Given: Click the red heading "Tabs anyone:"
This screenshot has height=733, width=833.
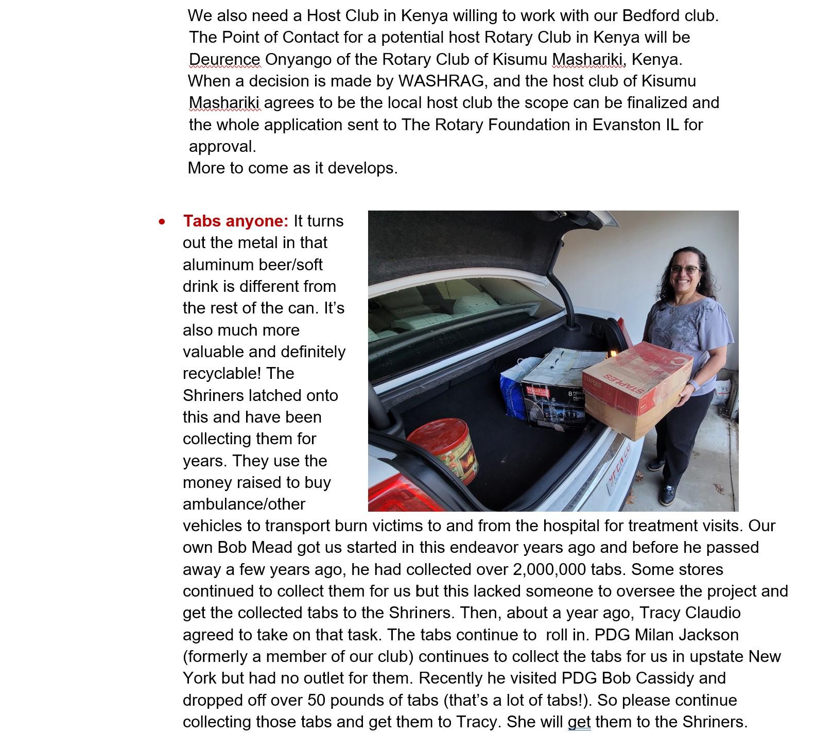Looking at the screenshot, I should coord(236,221).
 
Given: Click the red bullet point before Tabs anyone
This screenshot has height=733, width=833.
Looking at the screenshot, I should coord(163,222).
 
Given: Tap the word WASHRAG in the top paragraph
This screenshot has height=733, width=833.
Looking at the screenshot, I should coord(441,81).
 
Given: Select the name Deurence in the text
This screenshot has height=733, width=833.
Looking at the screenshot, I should coord(225,59).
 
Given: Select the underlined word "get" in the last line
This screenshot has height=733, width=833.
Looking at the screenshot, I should coord(579,722).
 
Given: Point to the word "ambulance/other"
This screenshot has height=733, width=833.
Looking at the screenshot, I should coord(244,504).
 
